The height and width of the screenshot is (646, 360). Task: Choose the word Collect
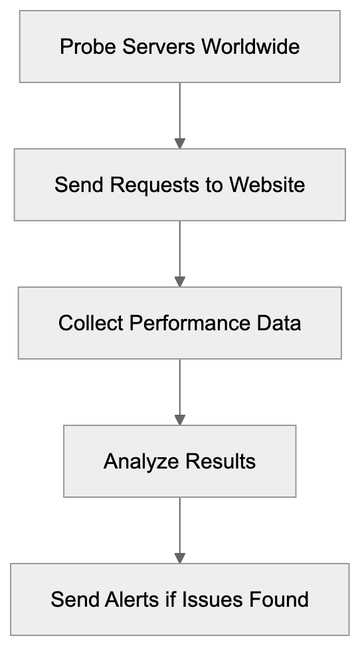pyautogui.click(x=90, y=323)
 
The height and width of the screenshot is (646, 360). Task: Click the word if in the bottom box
pyautogui.click(x=171, y=599)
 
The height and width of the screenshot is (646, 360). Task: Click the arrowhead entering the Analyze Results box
pyautogui.click(x=179, y=421)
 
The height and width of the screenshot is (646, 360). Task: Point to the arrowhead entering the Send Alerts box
pyautogui.click(x=179, y=558)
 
